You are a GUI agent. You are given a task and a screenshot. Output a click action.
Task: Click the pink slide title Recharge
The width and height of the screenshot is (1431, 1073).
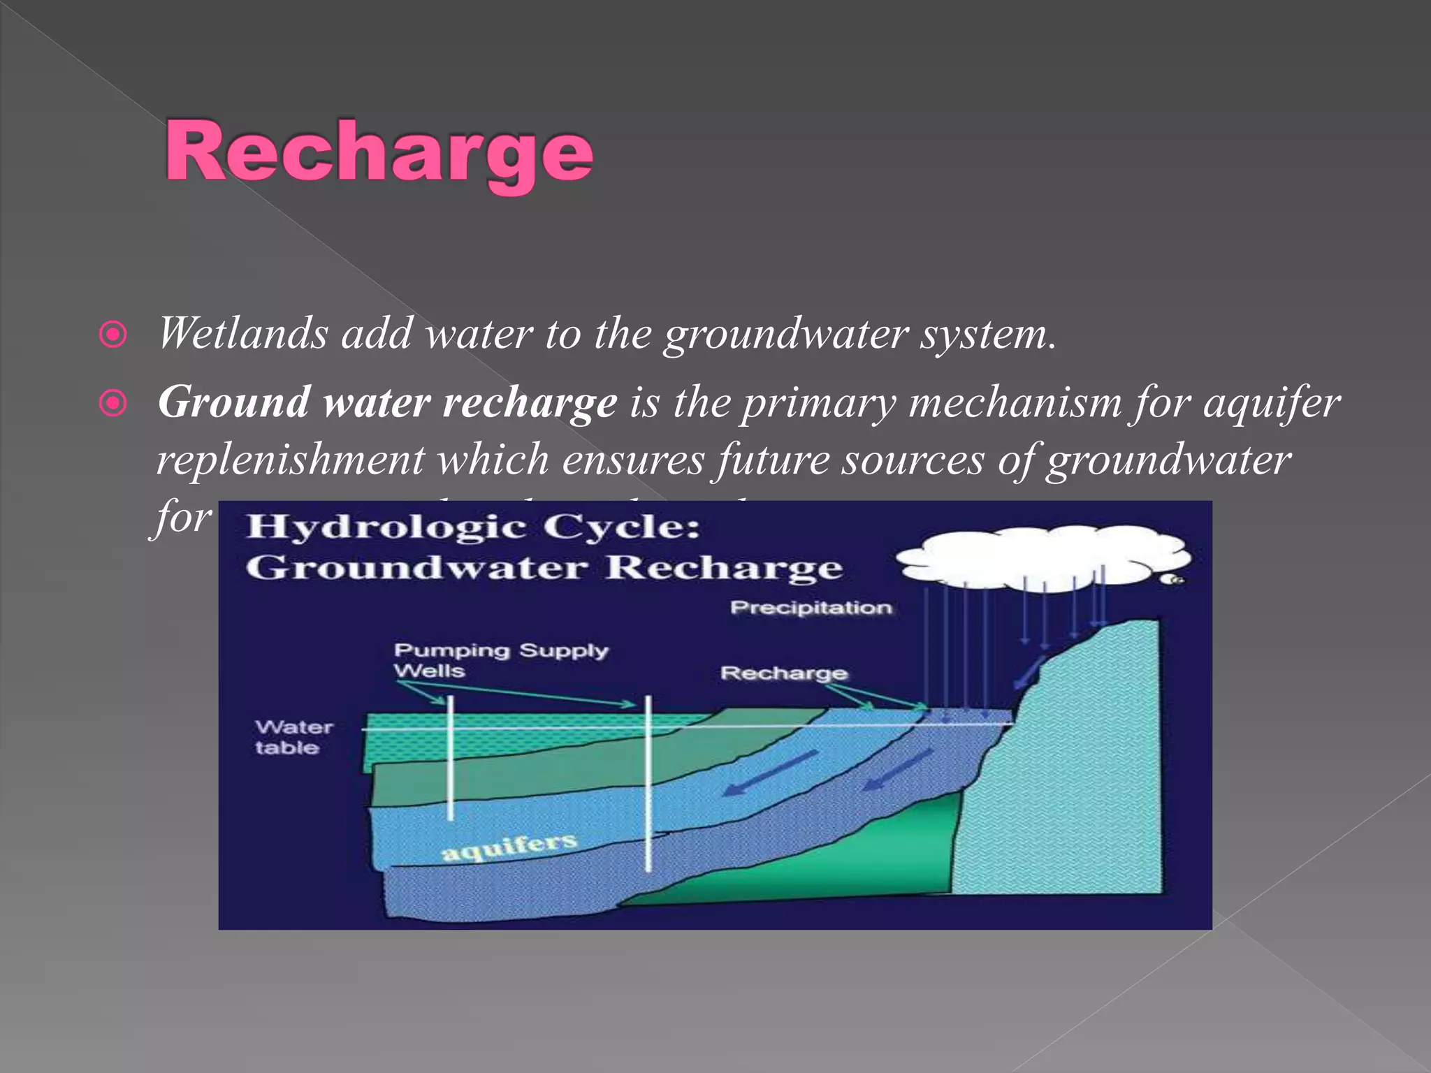378,151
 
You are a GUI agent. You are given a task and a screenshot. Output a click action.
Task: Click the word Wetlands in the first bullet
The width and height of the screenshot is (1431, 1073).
242,333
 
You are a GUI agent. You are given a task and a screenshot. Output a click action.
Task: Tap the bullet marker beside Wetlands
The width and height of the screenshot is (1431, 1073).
113,335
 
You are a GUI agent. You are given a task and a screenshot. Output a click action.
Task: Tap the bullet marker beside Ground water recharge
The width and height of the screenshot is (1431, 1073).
113,403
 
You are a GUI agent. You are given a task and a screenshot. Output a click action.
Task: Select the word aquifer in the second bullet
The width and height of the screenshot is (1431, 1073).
1271,404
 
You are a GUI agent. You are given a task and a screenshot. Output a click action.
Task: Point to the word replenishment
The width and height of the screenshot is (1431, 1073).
290,460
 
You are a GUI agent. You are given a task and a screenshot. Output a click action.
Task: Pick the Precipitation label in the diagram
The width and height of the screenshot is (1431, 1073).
811,608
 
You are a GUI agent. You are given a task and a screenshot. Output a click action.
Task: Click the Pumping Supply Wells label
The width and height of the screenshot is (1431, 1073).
500,659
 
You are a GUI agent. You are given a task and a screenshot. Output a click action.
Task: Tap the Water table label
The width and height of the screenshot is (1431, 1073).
293,737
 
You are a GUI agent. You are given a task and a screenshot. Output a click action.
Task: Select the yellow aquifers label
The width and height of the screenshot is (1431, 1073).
509,847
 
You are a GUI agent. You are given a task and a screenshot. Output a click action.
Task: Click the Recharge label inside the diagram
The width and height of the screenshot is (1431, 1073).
783,673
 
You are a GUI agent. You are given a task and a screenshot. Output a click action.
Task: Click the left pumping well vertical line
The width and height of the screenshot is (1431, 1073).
450,758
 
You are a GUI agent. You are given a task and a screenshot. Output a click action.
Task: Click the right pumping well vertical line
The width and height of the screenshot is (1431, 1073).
648,782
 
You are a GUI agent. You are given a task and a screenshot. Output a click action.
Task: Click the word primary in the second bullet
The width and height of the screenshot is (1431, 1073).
818,403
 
